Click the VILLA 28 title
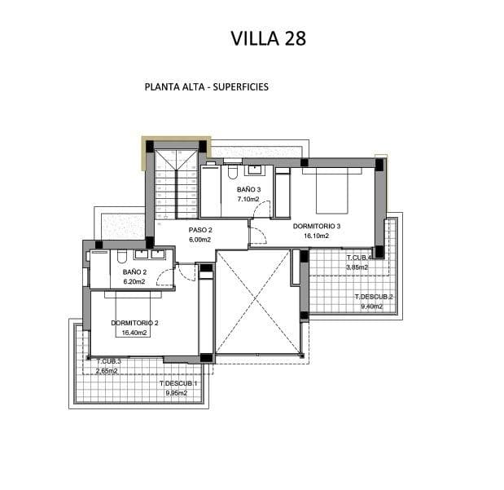coord(269,38)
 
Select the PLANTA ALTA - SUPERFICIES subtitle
coord(207,87)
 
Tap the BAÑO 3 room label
coord(249,190)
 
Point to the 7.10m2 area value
coord(248,199)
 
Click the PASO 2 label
coord(200,230)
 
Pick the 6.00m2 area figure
coord(200,240)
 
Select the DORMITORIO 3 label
coord(317,227)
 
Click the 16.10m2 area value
coord(317,236)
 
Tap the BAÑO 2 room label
coord(134,272)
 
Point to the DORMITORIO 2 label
coord(134,323)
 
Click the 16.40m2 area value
coord(134,333)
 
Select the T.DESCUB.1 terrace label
coord(178,383)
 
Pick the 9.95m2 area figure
coord(177,393)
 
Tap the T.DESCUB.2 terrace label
coord(374,297)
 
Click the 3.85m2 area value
coord(357,267)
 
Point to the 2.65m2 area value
coord(107,371)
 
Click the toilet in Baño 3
coord(232,171)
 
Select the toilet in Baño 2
coord(121,256)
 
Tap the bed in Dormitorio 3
coord(331,191)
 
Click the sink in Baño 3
coord(255,170)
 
